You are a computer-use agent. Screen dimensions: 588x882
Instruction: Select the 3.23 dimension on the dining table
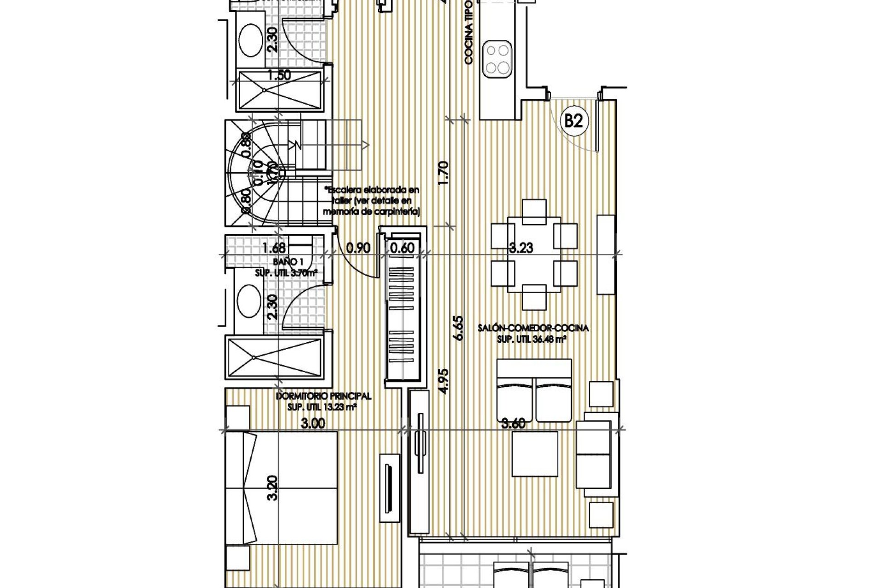pyautogui.click(x=521, y=248)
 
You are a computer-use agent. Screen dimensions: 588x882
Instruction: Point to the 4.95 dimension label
pyautogui.click(x=443, y=381)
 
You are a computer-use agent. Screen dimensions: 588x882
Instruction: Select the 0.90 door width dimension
pyautogui.click(x=358, y=248)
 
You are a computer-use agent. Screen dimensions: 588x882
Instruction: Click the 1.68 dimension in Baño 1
pyautogui.click(x=274, y=248)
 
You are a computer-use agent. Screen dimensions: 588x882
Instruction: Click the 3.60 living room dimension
pyautogui.click(x=513, y=424)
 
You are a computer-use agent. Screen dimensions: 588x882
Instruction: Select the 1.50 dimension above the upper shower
pyautogui.click(x=278, y=75)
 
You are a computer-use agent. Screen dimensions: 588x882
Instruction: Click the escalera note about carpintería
pyautogui.click(x=371, y=201)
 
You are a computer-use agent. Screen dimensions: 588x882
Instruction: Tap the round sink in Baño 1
pyautogui.click(x=249, y=301)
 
